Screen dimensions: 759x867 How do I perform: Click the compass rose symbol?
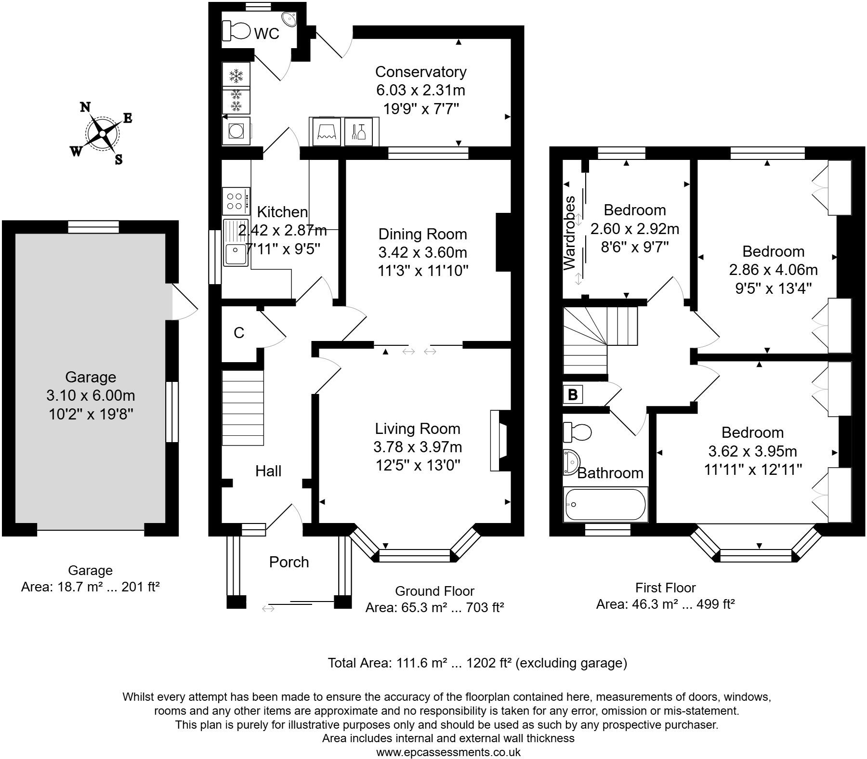[x=102, y=133]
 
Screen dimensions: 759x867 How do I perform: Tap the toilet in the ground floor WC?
[x=236, y=32]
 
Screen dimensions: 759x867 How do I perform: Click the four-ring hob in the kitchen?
[x=236, y=201]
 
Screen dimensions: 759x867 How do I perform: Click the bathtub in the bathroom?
[x=605, y=504]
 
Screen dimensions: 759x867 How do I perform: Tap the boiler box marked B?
[x=573, y=394]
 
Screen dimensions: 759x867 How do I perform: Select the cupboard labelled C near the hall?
[x=239, y=333]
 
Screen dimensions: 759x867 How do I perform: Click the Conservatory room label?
[x=420, y=72]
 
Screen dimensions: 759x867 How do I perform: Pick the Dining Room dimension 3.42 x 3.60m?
[x=422, y=252]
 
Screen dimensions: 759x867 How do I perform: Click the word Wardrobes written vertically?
[x=569, y=233]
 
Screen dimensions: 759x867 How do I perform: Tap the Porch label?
[x=289, y=562]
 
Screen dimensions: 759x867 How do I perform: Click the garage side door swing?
[x=184, y=302]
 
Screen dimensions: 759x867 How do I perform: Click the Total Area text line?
[x=477, y=663]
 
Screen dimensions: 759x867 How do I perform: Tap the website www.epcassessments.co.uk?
[x=448, y=752]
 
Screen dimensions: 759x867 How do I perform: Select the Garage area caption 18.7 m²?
[x=90, y=588]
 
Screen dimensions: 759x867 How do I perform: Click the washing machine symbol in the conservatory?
[x=236, y=131]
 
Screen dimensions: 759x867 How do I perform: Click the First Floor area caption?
[x=665, y=604]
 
